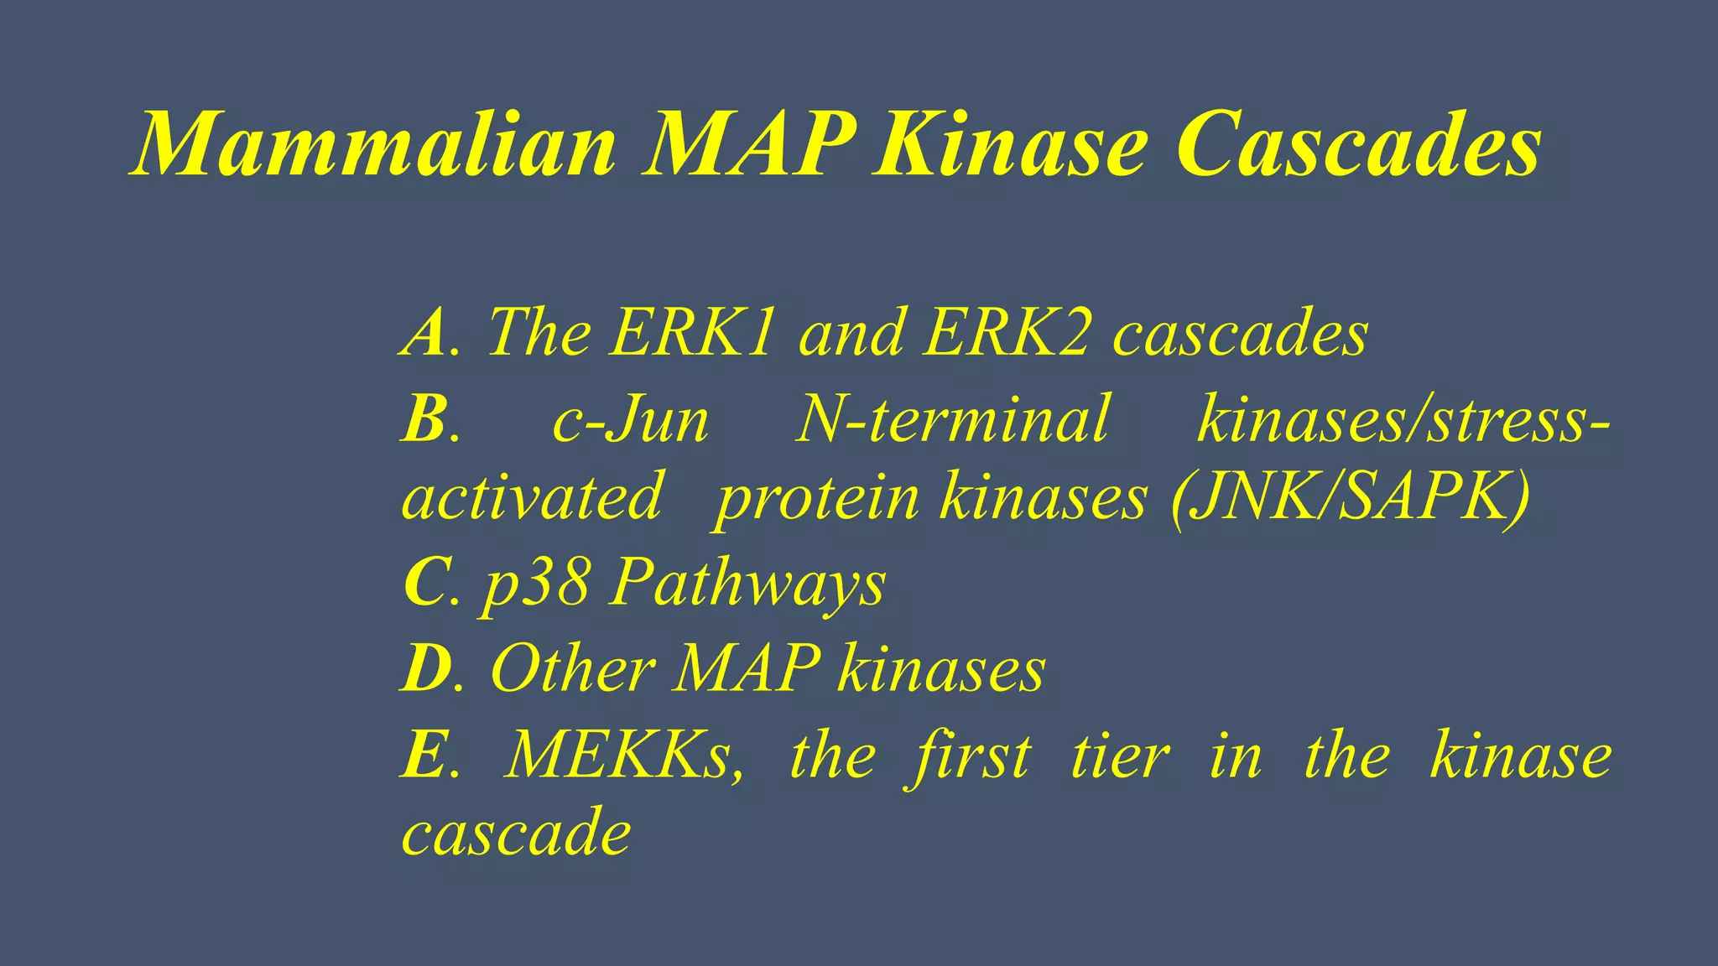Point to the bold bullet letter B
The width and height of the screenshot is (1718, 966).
click(424, 419)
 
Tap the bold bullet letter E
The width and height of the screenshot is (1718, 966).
click(424, 755)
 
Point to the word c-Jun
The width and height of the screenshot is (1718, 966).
click(630, 419)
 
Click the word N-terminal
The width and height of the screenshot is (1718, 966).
click(953, 419)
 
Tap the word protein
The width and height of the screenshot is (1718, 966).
click(817, 499)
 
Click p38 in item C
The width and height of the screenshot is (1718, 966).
click(536, 583)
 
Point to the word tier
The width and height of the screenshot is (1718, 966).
click(1120, 755)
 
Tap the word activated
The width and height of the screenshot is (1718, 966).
click(533, 497)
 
